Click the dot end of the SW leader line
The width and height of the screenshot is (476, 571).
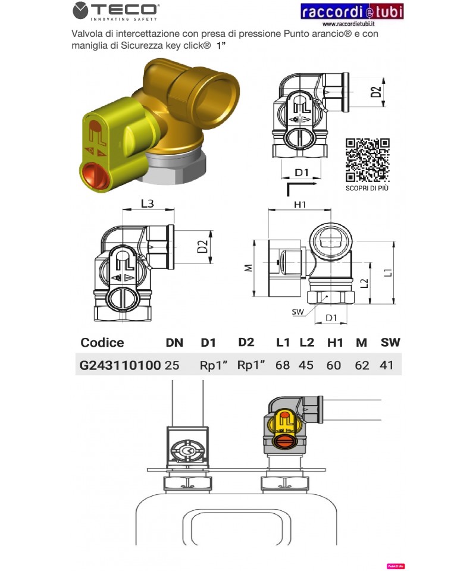[x=327, y=296]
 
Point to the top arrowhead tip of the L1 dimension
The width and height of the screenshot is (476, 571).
[x=393, y=241]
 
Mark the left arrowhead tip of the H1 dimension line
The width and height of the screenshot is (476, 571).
[x=268, y=209]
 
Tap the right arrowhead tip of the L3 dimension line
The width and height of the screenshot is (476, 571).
[x=174, y=209]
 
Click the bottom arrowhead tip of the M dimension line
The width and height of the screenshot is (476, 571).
[x=254, y=296]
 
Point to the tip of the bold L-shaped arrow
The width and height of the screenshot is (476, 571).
[x=317, y=185]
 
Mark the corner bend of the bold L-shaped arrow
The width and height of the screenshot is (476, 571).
[x=289, y=185]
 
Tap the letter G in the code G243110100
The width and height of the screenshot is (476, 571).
[x=84, y=365]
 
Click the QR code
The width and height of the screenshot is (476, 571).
[x=368, y=160]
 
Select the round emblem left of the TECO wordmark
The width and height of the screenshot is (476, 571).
[x=80, y=10]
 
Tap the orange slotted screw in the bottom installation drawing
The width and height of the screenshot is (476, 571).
[x=285, y=441]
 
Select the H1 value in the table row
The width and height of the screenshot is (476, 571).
[x=334, y=365]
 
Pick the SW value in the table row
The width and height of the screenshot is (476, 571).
[x=386, y=365]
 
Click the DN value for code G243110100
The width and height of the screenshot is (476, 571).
[x=172, y=365]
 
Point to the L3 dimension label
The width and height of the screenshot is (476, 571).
[x=148, y=203]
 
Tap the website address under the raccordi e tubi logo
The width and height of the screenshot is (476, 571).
[x=349, y=24]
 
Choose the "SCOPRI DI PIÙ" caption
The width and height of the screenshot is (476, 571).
[x=367, y=188]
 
